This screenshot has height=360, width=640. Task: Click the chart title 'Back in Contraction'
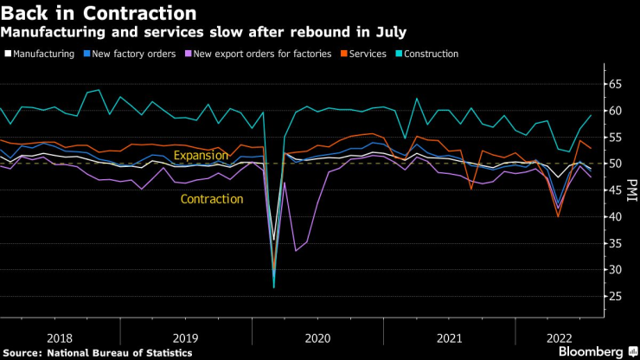(99, 14)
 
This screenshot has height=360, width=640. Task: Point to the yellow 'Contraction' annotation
(211, 199)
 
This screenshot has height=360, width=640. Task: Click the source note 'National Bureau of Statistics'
(118, 353)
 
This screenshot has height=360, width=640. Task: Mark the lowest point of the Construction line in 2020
(274, 286)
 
